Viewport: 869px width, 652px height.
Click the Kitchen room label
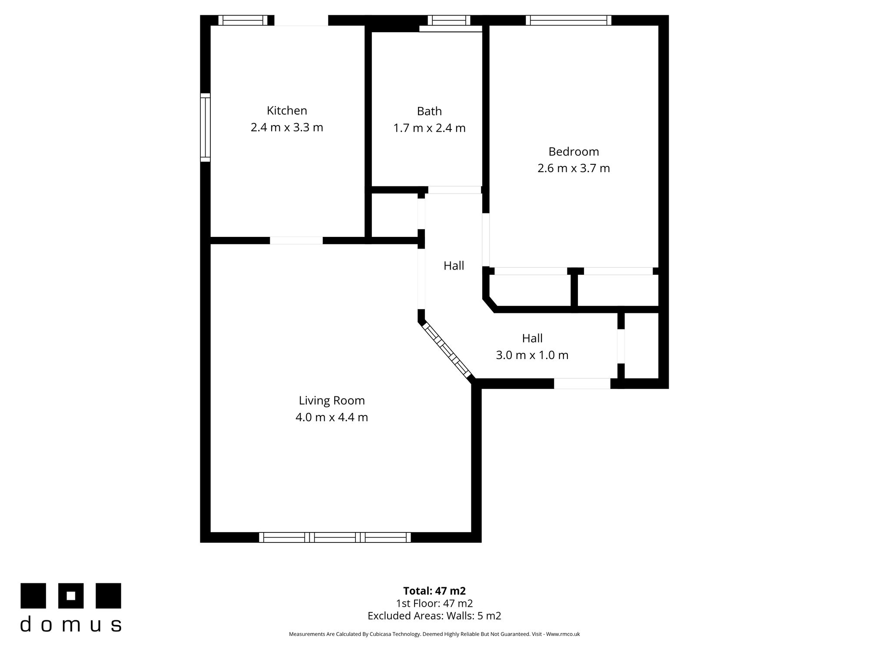pos(287,110)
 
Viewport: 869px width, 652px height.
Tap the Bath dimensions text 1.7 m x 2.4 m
pos(429,128)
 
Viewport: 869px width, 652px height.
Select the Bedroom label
pos(574,152)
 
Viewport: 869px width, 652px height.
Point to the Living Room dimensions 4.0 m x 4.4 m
pos(332,417)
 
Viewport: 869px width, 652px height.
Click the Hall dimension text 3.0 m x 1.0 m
pos(532,355)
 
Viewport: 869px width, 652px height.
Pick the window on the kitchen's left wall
pos(205,127)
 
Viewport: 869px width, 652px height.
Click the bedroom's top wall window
pos(568,20)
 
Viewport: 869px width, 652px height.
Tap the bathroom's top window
pos(449,20)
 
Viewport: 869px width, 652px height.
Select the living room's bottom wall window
pos(335,537)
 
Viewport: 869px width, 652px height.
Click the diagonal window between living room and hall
pos(447,351)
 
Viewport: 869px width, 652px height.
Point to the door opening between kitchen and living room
pos(296,240)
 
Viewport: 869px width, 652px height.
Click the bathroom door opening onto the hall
pos(454,190)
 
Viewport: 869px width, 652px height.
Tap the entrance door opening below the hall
pos(582,383)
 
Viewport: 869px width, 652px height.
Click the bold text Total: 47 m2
pos(434,591)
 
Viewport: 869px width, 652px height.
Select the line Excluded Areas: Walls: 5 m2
pos(434,615)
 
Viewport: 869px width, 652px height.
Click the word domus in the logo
pos(71,624)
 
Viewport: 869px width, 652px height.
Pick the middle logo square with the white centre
pos(71,595)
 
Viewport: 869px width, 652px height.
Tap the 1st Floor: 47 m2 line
pos(434,603)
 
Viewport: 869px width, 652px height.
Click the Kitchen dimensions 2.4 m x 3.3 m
pos(287,127)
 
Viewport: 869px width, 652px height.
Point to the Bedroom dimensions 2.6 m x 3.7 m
pos(574,168)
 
